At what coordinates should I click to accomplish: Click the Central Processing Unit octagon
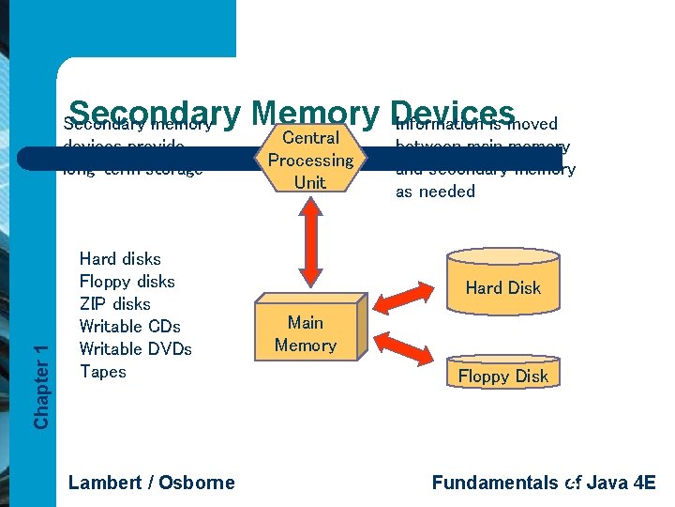[x=310, y=161]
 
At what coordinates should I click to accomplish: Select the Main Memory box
[x=306, y=334]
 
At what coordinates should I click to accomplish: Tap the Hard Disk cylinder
[x=503, y=283]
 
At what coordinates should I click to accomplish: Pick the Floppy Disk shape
[x=503, y=375]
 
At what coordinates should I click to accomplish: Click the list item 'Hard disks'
[x=120, y=259]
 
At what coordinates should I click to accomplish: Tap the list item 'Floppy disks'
[x=127, y=282]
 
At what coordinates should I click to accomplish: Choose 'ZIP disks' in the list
[x=115, y=304]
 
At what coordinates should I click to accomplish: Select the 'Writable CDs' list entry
[x=130, y=327]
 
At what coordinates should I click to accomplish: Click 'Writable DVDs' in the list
[x=136, y=349]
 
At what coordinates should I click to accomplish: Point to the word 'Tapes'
[x=103, y=372]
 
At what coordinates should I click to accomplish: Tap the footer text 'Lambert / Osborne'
[x=152, y=483]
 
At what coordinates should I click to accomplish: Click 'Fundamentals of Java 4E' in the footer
[x=544, y=483]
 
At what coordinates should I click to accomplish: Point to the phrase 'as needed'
[x=435, y=192]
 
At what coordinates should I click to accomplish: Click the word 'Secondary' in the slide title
[x=156, y=112]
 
